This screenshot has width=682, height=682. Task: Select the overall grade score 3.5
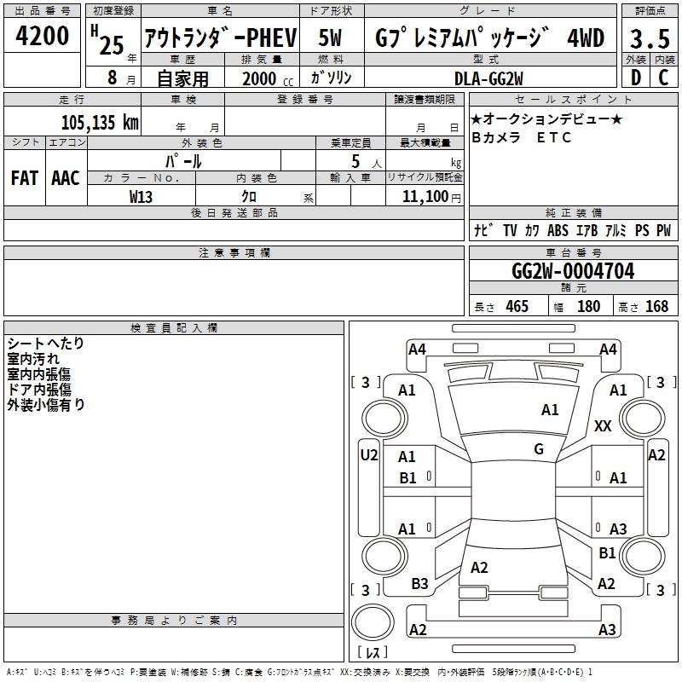pyautogui.click(x=650, y=38)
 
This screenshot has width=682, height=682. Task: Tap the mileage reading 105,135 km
pyautogui.click(x=100, y=122)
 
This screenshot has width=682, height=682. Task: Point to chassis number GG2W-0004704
pyautogui.click(x=573, y=271)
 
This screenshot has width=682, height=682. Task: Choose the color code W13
pyautogui.click(x=142, y=196)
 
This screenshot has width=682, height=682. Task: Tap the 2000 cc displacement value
pyautogui.click(x=260, y=78)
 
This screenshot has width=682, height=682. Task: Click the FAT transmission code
pyautogui.click(x=24, y=177)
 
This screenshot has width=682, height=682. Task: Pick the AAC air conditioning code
pyautogui.click(x=66, y=177)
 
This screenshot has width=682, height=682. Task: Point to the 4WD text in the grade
pyautogui.click(x=586, y=38)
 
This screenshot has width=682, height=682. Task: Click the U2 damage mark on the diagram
pyautogui.click(x=368, y=455)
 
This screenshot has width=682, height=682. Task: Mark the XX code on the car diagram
pyautogui.click(x=603, y=426)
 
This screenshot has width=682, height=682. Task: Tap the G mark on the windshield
pyautogui.click(x=539, y=449)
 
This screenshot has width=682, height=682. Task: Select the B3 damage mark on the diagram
pyautogui.click(x=419, y=584)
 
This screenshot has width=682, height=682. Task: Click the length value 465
pyautogui.click(x=517, y=306)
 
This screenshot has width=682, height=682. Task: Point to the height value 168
pyautogui.click(x=656, y=306)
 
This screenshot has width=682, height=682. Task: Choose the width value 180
pyautogui.click(x=588, y=306)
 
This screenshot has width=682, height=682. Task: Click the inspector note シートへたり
pyautogui.click(x=46, y=343)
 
